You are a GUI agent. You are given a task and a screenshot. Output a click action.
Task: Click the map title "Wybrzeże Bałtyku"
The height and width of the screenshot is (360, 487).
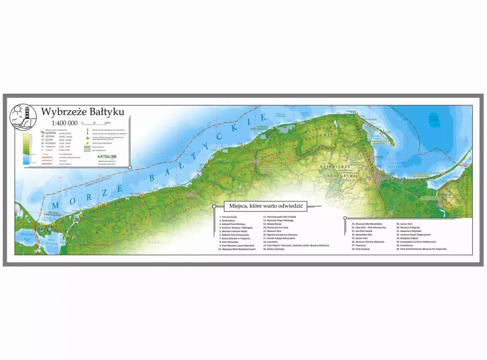pos(82,111)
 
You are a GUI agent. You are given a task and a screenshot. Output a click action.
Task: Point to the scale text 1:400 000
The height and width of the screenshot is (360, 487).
pos(65,123)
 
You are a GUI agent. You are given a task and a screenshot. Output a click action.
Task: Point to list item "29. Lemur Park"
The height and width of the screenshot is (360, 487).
pos(404,224)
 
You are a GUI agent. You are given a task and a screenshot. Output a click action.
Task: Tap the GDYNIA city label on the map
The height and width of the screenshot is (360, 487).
pos(378,157)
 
